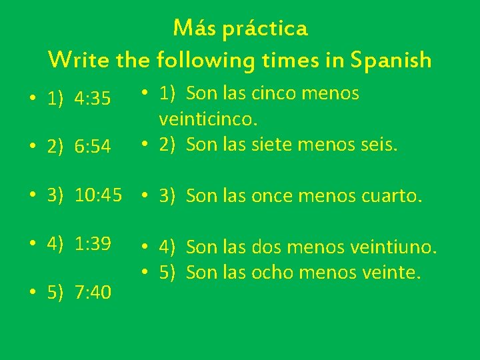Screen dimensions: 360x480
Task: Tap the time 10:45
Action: click(x=99, y=195)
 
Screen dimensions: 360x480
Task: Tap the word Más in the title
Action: click(x=193, y=28)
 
